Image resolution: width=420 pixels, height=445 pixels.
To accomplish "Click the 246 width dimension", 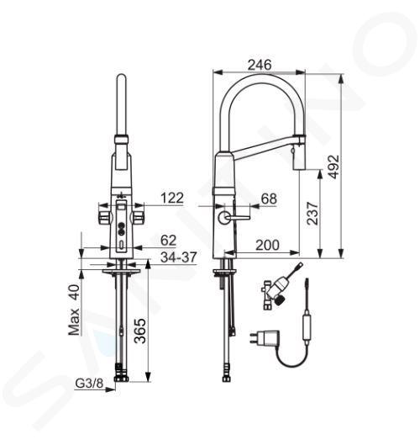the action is point(260,65).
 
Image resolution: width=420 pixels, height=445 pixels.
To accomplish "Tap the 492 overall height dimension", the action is point(333,167).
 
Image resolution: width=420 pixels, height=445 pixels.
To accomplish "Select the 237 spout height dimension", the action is point(312,214).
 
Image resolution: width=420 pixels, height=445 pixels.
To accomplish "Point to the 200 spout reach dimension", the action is point(267,245).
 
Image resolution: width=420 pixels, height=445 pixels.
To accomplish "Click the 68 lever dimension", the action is point(269,199).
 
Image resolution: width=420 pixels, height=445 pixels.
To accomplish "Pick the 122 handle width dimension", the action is point(172,198).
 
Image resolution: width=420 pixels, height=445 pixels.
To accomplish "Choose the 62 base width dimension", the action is point(168,241).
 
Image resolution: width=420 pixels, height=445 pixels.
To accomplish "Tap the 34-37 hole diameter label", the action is point(179,257).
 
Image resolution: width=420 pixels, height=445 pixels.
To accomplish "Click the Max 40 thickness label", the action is point(74,310).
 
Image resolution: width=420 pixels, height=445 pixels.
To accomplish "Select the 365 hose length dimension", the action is point(139,331).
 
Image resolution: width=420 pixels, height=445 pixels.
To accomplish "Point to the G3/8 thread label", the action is point(89,384).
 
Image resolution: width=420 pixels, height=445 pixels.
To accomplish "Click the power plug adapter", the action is point(265,337).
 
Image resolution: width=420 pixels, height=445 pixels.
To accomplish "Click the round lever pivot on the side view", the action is point(224,218).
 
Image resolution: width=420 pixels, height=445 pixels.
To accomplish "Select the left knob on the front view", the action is point(104,217).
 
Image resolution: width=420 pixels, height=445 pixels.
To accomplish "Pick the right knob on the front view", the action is point(139,217).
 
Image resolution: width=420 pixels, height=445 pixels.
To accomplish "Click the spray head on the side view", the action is point(298,156).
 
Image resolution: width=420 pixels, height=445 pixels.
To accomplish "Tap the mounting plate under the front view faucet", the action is point(121,272).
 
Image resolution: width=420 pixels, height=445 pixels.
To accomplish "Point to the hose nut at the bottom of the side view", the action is point(227,379).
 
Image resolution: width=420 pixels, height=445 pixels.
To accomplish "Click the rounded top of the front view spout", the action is point(121,77).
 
